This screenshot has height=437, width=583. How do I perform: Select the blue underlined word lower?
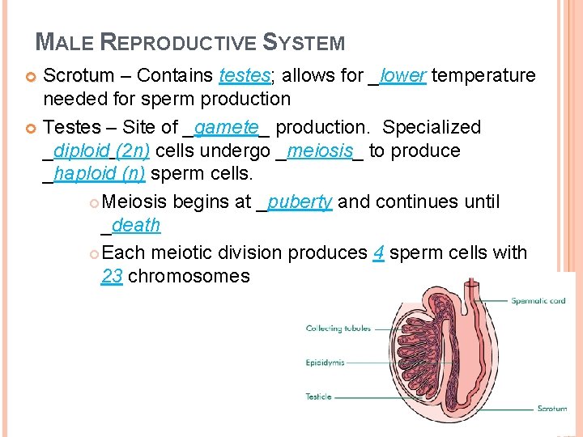tap(402, 76)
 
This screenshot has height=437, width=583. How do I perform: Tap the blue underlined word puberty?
tap(300, 202)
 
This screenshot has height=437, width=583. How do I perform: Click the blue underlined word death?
tap(136, 225)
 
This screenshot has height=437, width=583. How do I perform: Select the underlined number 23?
tap(112, 276)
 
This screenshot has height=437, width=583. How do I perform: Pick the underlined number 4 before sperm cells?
tap(378, 253)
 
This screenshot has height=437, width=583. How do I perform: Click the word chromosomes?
tap(189, 276)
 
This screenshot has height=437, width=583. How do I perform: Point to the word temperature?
tap(484, 76)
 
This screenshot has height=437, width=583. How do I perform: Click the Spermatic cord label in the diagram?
tap(538, 301)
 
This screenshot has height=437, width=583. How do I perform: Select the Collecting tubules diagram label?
tap(338, 329)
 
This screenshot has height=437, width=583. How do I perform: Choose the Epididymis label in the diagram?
tap(325, 363)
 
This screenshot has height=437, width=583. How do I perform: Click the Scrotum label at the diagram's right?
tap(552, 409)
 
